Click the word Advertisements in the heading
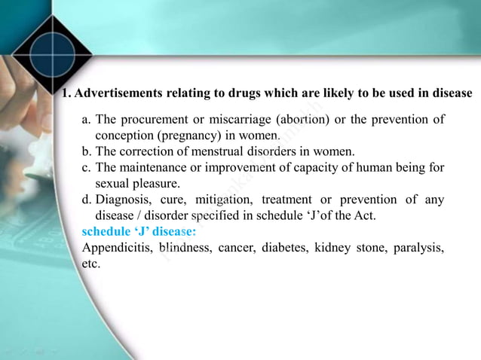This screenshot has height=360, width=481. coord(118,93)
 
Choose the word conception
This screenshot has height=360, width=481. coord(124,136)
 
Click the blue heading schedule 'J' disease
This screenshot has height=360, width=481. coord(139,231)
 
